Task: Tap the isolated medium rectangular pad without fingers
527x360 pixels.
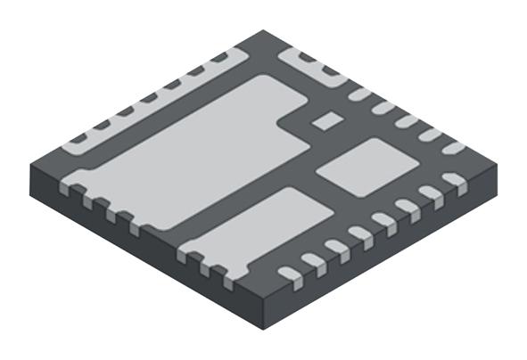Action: (366, 167)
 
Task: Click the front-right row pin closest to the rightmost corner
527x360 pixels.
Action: (454, 181)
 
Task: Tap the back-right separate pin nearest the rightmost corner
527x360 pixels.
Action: (454, 147)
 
